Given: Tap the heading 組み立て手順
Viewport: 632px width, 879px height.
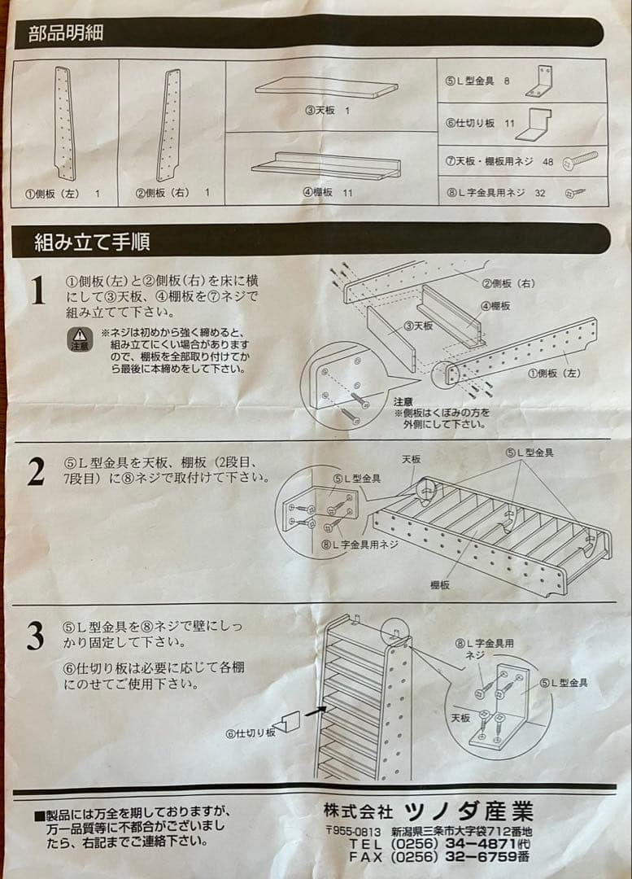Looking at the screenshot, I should tap(91, 242).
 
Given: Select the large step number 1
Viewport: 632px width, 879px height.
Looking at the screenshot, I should tap(37, 291).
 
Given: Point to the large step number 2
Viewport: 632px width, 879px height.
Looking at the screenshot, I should tap(36, 472).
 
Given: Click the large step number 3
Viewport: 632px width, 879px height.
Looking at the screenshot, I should tap(35, 636).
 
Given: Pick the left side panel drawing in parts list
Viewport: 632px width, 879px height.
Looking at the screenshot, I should tap(64, 124).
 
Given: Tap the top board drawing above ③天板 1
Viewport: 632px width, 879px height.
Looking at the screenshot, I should tap(327, 87).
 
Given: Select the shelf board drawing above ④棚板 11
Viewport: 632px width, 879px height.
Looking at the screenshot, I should tap(326, 166).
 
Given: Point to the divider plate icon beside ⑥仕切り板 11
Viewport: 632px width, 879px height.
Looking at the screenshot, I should tap(533, 122).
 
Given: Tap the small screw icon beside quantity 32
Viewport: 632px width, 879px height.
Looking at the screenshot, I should tap(576, 193).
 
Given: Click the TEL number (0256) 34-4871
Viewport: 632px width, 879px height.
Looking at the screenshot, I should tap(460, 844).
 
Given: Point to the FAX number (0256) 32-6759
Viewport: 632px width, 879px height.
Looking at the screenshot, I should tap(460, 857).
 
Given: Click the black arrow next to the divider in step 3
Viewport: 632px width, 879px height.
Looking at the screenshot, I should tap(317, 711).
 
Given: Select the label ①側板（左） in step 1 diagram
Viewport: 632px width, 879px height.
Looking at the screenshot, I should tap(553, 374).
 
